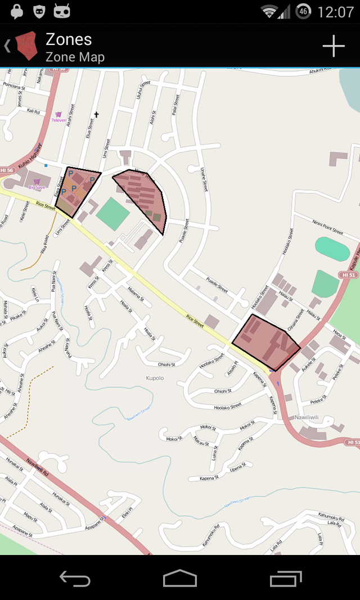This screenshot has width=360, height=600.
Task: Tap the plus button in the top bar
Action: click(x=333, y=46)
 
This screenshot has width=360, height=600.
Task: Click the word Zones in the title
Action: click(x=69, y=39)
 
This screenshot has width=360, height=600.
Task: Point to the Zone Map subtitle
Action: click(x=75, y=57)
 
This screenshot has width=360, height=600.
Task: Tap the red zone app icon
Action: click(x=26, y=46)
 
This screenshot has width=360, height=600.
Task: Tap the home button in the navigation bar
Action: click(x=180, y=578)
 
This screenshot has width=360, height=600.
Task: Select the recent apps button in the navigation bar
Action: click(x=285, y=578)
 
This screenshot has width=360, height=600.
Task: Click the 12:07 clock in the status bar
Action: click(x=335, y=12)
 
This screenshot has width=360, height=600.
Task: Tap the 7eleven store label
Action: click(x=58, y=120)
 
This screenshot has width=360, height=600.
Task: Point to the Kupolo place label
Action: click(x=155, y=378)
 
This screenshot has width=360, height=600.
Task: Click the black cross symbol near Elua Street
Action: click(x=96, y=115)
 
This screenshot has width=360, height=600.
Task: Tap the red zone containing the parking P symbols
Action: click(x=76, y=190)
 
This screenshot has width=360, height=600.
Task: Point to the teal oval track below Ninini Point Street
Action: click(x=332, y=248)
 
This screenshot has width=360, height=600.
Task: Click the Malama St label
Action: click(x=136, y=290)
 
